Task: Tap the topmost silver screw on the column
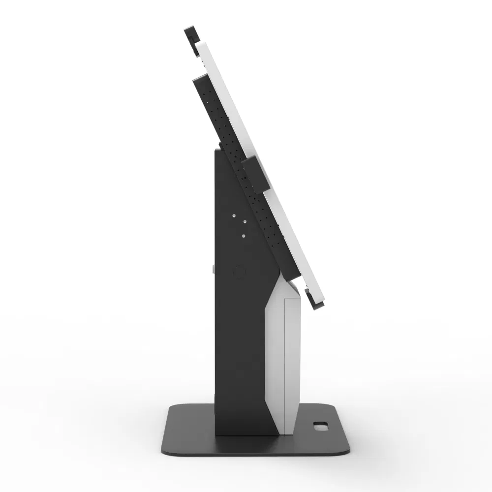(x=234, y=216)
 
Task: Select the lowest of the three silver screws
(x=243, y=236)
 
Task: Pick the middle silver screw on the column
(x=243, y=222)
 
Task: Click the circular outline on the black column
(x=239, y=272)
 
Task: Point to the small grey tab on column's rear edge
(x=213, y=269)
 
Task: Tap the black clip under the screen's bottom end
(x=312, y=299)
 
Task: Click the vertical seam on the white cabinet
(x=284, y=364)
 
